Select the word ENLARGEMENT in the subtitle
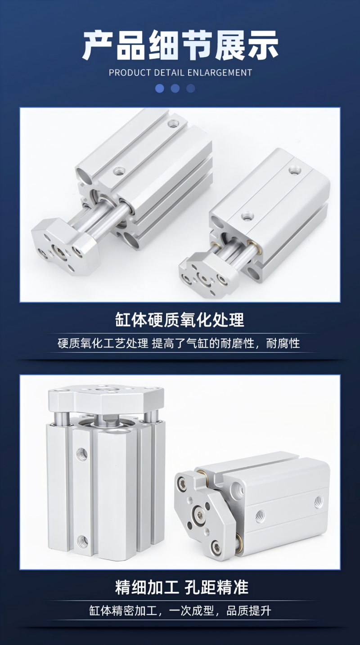coord(220,72)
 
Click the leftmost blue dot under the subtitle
coord(160,89)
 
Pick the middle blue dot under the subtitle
coord(175,89)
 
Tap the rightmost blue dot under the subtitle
coord(191,89)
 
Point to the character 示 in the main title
coord(263,45)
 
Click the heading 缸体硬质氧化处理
coord(180,320)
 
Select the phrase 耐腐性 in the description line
coord(283,343)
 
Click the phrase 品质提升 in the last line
coord(249,610)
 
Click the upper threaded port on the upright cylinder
coord(82,454)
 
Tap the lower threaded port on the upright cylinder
coord(83,542)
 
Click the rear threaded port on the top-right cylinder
coord(293,170)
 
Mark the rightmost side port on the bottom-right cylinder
coord(318,501)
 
